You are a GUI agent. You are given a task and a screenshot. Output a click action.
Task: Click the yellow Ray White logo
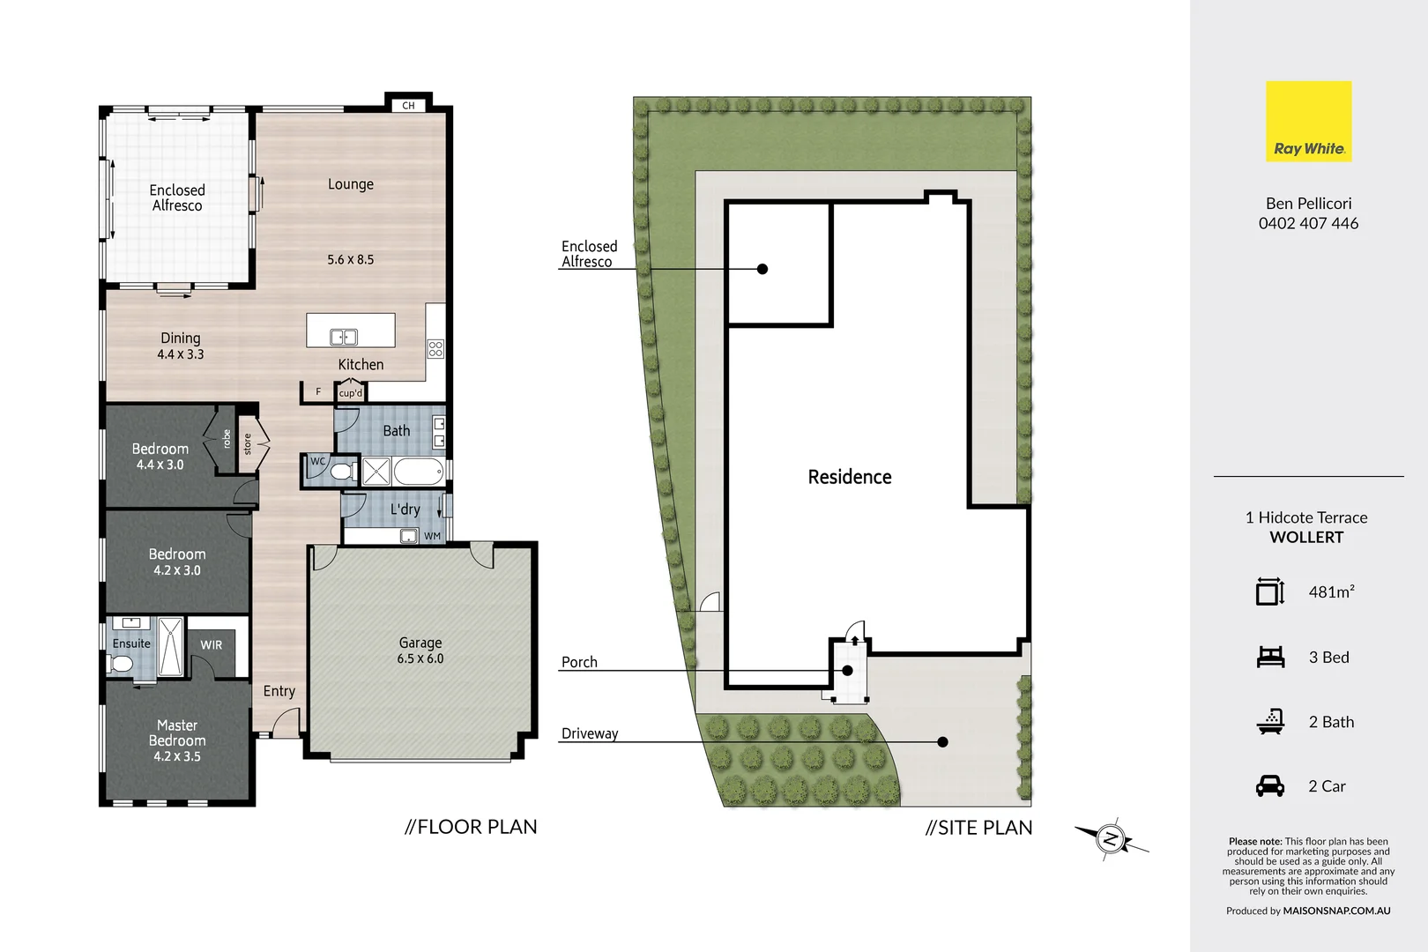point(1308,122)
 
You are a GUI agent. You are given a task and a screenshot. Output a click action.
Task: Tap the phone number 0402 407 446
point(1308,224)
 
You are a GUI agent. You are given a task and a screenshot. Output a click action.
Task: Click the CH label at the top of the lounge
point(408,106)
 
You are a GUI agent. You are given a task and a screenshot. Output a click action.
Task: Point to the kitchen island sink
point(343,337)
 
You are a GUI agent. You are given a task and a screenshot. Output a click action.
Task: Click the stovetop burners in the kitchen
point(435,348)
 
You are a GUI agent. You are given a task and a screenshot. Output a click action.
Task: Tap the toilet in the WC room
point(339,472)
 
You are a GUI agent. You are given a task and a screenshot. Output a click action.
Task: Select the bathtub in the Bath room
point(418,472)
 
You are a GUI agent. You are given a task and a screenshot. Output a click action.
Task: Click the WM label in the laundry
point(432,536)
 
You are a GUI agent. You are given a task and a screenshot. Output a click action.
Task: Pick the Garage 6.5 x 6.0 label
point(420,651)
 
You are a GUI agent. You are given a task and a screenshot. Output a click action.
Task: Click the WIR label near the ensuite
point(212,645)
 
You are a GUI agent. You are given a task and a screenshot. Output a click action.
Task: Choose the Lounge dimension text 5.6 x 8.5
point(351,260)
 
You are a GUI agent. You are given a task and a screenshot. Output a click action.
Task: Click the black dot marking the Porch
point(847,671)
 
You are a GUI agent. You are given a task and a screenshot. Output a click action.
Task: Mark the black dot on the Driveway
point(942,742)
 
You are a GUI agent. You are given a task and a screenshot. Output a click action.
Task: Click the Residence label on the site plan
point(850,477)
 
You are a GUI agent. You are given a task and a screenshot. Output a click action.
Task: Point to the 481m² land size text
point(1331,592)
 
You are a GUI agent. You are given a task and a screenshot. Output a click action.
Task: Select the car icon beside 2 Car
point(1270,786)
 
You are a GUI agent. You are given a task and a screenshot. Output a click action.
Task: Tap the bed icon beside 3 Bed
point(1270,657)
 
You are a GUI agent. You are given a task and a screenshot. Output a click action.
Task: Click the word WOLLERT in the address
point(1306,538)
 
